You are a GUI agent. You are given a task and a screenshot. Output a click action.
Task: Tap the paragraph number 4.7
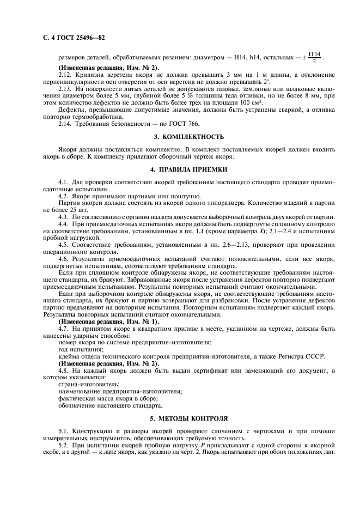[x=63, y=329]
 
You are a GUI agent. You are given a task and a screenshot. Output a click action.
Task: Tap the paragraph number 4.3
[x=63, y=216]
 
